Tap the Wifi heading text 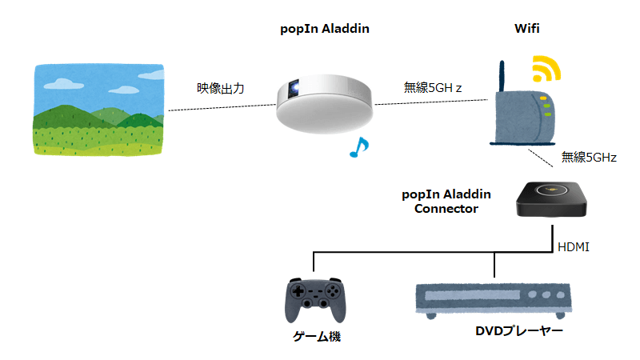tap(527, 29)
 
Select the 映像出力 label tap(221, 88)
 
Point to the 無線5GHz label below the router tap(589, 158)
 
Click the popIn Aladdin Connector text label tap(446, 202)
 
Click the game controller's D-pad tap(298, 291)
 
